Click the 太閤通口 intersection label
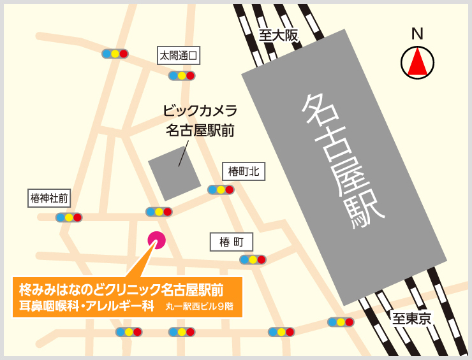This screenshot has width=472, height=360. [x=179, y=55]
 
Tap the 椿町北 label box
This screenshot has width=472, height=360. [x=243, y=171]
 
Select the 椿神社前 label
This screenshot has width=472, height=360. [x=49, y=198]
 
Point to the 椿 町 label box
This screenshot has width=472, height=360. [x=232, y=241]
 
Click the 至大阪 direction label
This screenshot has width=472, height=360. [x=279, y=36]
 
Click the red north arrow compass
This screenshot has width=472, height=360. [x=417, y=62]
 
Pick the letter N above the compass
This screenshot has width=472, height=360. [x=417, y=34]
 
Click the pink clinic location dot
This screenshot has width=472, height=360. [x=156, y=240]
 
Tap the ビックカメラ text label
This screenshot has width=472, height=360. [x=200, y=110]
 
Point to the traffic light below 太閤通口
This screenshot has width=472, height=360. [x=182, y=75]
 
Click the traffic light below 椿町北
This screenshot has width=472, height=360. [x=221, y=190]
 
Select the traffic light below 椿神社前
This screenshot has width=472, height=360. [x=69, y=217]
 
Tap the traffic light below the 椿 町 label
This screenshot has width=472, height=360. [x=253, y=259]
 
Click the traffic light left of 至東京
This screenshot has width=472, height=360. [x=341, y=322]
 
